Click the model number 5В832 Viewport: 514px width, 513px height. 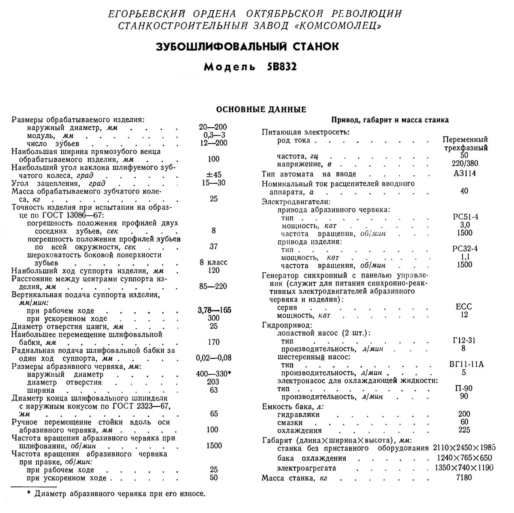pos(278,67)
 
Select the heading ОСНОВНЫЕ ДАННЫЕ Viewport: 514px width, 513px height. pos(261,109)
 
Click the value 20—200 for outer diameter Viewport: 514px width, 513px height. pos(213,127)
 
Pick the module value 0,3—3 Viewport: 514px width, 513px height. pos(213,135)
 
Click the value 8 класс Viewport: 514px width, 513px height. pos(213,262)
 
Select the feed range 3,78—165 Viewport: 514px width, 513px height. pos(215,310)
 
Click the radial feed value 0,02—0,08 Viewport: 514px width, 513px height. pos(213,358)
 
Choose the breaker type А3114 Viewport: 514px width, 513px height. pos(464,174)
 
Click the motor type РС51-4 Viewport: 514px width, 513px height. pos(465,217)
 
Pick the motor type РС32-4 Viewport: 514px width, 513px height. pos(465,249)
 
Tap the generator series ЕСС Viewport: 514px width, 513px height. pos(464,307)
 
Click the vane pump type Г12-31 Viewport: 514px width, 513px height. pos(464,341)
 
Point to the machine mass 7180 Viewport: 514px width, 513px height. pos(464,477)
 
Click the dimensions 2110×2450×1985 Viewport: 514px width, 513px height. pos(464,448)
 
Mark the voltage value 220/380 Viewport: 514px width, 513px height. pos(464,163)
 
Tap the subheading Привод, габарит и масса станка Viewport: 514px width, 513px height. pos(390,120)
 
